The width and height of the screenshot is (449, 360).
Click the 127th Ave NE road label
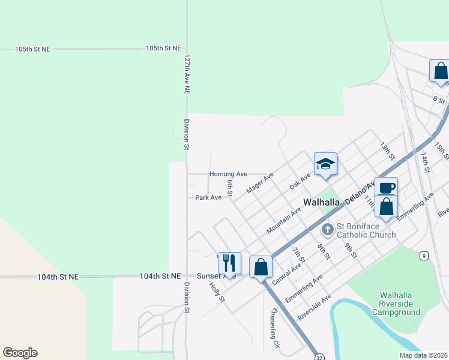(x=187, y=74)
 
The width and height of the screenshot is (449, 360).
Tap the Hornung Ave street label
(x=228, y=174)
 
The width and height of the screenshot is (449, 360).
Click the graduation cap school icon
(x=325, y=164)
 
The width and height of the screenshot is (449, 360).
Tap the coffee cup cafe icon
(x=387, y=187)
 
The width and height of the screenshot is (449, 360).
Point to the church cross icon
(x=328, y=229)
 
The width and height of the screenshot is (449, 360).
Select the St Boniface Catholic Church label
(x=366, y=230)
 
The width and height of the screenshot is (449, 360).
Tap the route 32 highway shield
(x=318, y=356)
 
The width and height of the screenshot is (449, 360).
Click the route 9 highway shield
(x=424, y=256)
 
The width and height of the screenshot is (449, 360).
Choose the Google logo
(x=20, y=353)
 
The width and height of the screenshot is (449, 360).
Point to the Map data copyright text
(x=423, y=355)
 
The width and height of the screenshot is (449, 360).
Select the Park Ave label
(x=208, y=197)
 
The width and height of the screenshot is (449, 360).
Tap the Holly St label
(x=217, y=292)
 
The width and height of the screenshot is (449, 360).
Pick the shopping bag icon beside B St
(x=440, y=71)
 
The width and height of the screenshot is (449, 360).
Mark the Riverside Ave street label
(x=314, y=307)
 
